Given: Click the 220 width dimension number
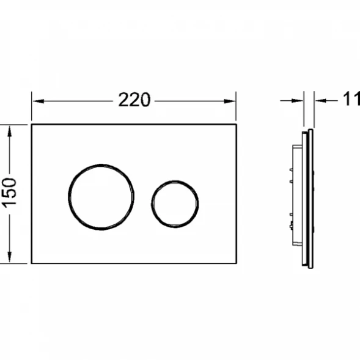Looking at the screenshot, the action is coord(134,100).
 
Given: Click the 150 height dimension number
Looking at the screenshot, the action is coord(9,193).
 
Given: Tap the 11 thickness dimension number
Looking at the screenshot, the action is coord(351,99).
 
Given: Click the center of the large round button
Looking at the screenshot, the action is coord(101,197).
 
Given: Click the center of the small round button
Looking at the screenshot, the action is coord(175,204).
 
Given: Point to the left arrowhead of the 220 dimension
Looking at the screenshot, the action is coord(39,101).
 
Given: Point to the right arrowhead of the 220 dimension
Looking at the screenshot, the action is coord(230,101).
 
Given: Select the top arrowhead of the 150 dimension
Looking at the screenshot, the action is coord(9,131).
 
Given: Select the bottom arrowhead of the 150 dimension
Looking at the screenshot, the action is coord(9,257).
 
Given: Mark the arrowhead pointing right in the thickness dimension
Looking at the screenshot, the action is coord(297,101).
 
